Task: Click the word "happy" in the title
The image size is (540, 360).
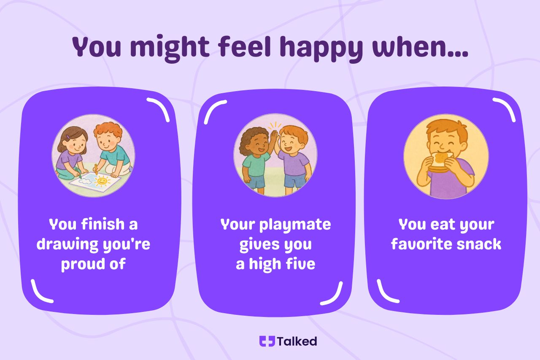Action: click(321, 49)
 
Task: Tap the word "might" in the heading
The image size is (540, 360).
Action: click(170, 48)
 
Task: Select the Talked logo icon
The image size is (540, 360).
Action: click(267, 341)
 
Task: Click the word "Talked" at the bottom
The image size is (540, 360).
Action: click(297, 341)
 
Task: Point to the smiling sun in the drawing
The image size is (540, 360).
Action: click(102, 181)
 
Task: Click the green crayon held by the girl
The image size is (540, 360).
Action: click(78, 173)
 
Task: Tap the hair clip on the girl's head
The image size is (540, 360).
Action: click(68, 137)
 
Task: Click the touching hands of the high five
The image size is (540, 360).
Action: click(275, 139)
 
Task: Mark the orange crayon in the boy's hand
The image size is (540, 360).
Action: click(96, 169)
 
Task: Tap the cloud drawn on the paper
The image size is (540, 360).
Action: click(85, 181)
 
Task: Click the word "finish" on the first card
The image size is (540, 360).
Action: click(103, 224)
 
